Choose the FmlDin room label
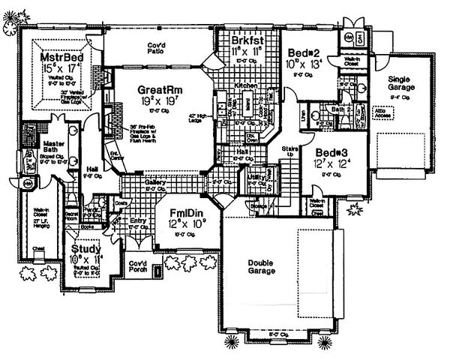pos(184,211)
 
